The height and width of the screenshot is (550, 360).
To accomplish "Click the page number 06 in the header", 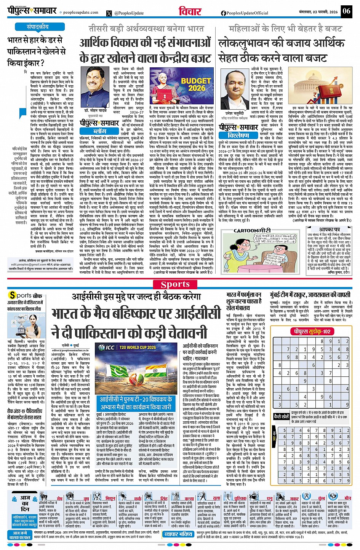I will (346, 11).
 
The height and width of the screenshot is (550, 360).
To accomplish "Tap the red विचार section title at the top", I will (190, 11).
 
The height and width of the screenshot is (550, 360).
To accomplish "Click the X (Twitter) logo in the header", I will (110, 13).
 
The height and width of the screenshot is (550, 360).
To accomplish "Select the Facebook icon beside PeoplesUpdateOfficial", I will (223, 13).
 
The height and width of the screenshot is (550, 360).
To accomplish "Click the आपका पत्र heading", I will (329, 230).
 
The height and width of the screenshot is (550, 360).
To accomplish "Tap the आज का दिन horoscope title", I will (25, 503).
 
